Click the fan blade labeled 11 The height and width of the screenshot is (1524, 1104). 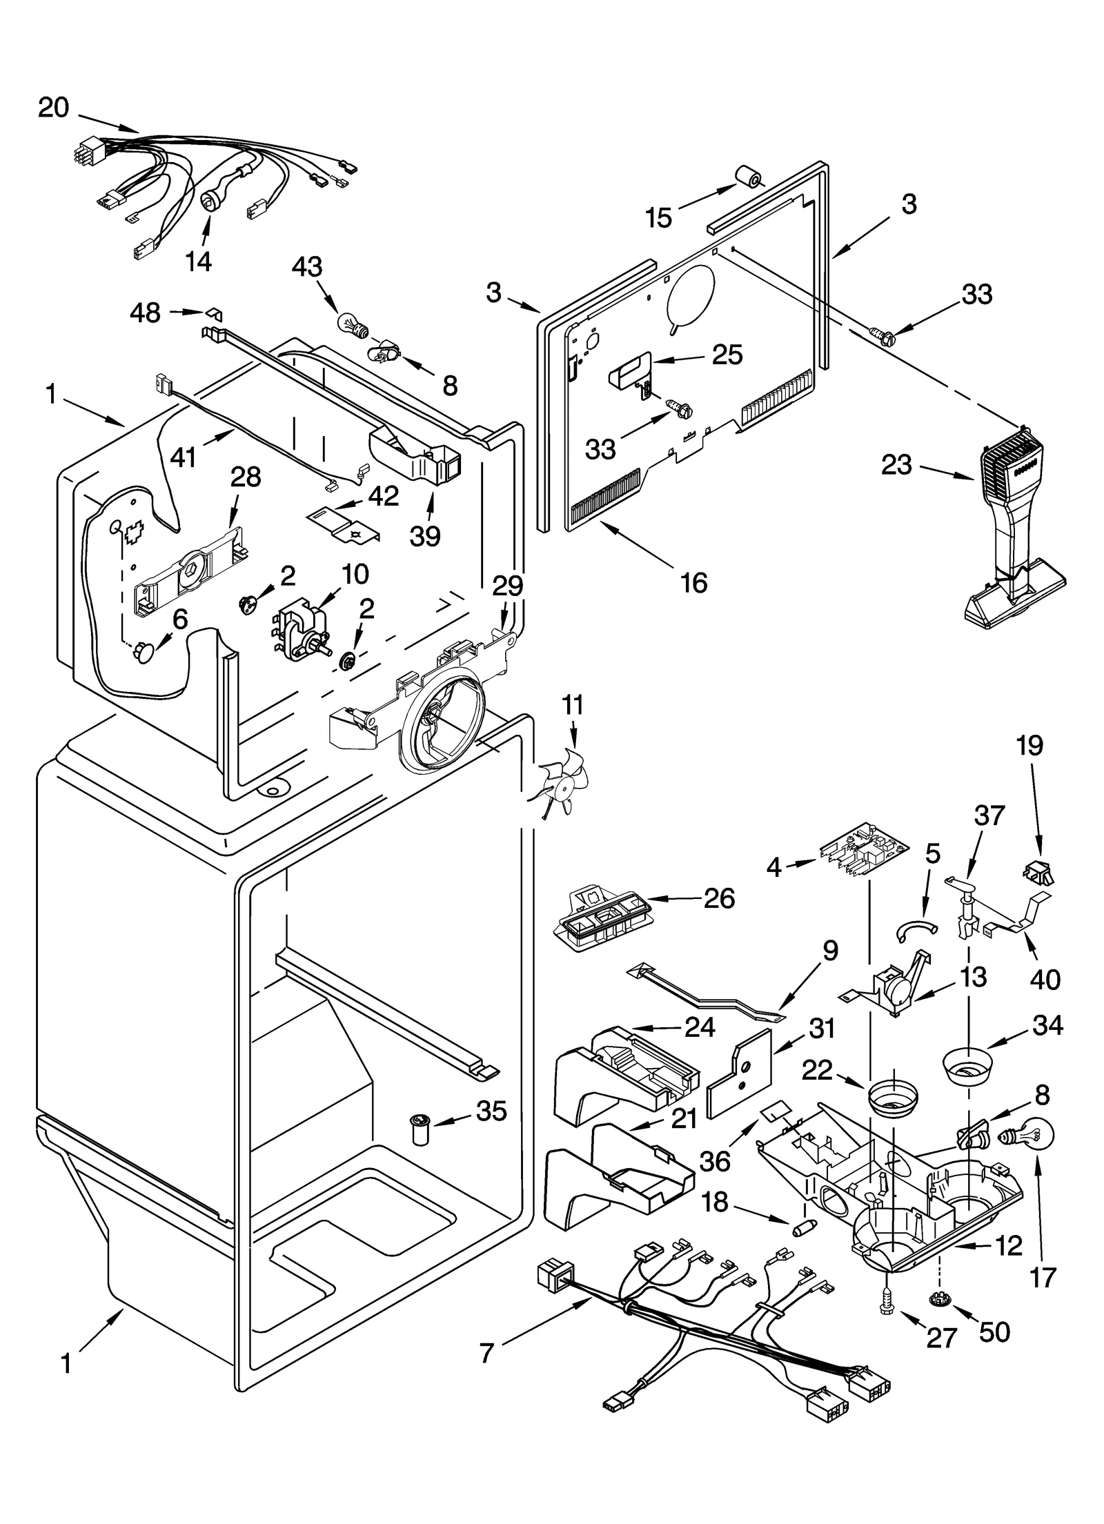pos(562,782)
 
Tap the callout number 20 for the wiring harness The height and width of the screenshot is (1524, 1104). pos(53,108)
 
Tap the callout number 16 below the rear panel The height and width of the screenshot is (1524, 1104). pos(693,583)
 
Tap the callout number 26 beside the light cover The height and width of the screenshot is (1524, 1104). pos(718,898)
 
